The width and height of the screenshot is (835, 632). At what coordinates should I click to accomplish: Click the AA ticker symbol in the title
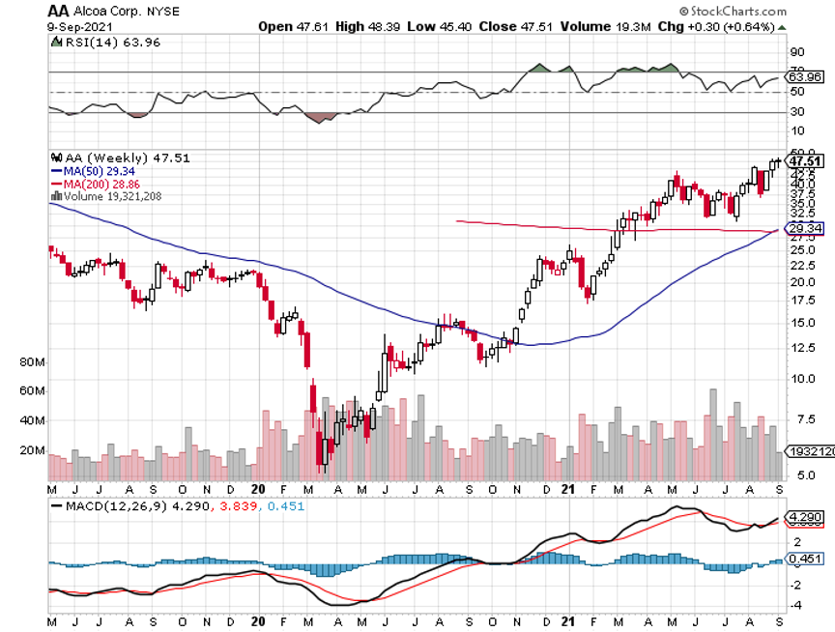click(x=59, y=10)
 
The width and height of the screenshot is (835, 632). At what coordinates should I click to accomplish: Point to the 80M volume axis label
click(x=33, y=361)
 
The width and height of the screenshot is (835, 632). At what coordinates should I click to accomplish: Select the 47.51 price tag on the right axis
click(x=805, y=161)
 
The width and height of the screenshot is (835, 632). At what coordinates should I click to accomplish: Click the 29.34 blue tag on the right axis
click(x=805, y=228)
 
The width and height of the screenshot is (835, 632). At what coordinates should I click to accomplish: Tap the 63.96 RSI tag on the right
click(x=805, y=75)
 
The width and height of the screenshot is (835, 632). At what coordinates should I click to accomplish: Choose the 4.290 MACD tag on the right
click(x=805, y=517)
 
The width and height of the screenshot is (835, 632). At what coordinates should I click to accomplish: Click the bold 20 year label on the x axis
click(x=258, y=490)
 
